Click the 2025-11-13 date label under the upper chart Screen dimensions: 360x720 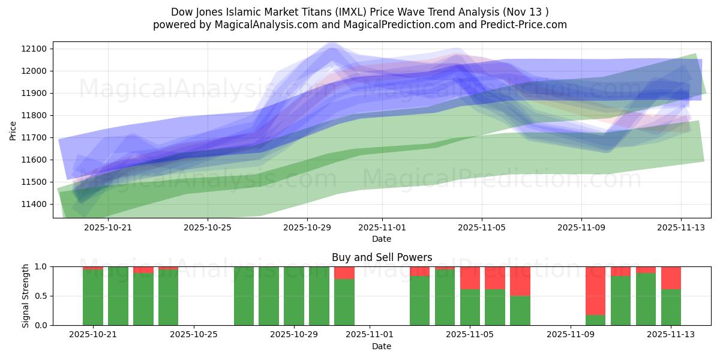tap(680, 227)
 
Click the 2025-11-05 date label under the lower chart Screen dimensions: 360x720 tap(469, 335)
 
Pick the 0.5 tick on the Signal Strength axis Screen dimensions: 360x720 tap(42, 296)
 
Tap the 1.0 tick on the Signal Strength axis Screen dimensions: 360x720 tap(42, 266)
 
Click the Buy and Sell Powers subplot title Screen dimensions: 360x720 tap(382, 257)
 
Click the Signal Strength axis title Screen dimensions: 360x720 tap(25, 296)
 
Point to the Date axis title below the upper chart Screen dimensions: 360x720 tap(382, 239)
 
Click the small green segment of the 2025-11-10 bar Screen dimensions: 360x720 tap(595, 320)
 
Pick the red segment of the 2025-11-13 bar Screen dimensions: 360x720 tap(671, 278)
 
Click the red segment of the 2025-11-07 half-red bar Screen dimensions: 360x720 tap(520, 281)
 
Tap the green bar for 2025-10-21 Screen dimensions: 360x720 tap(93, 297)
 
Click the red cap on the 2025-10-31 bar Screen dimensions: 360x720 tap(344, 272)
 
